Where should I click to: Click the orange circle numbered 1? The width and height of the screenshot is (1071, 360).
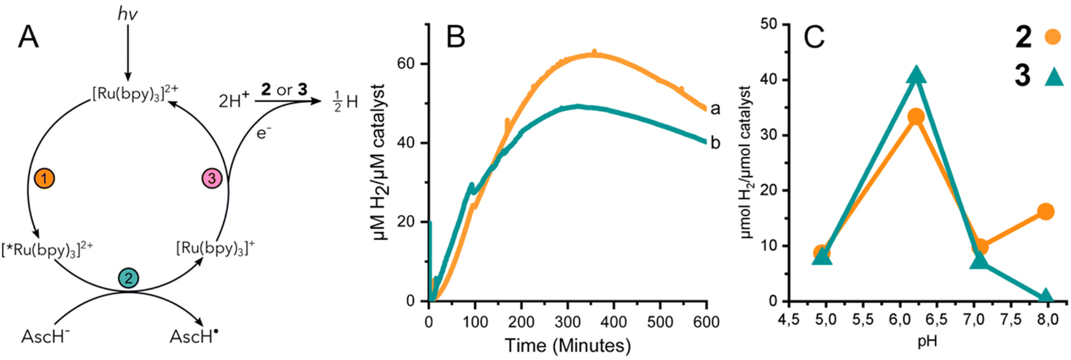pyautogui.click(x=45, y=179)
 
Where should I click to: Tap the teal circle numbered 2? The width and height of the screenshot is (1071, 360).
pyautogui.click(x=128, y=278)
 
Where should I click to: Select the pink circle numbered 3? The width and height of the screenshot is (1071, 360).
pyautogui.click(x=212, y=179)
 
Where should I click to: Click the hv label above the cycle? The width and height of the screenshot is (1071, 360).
pyautogui.click(x=128, y=14)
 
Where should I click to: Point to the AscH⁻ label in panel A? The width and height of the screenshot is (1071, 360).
pyautogui.click(x=45, y=337)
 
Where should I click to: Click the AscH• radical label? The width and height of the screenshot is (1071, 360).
pyautogui.click(x=194, y=337)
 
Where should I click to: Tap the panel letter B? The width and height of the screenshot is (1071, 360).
pyautogui.click(x=456, y=37)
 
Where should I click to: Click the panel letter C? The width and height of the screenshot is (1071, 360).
pyautogui.click(x=814, y=37)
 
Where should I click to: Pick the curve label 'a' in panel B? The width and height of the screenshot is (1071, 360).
pyautogui.click(x=715, y=109)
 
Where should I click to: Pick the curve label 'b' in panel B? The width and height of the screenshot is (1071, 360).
pyautogui.click(x=715, y=143)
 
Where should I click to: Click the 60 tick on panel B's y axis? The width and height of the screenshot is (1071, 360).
pyautogui.click(x=414, y=64)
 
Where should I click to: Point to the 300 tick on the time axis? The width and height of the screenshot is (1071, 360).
pyautogui.click(x=567, y=321)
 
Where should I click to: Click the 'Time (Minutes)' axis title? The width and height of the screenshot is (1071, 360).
pyautogui.click(x=567, y=345)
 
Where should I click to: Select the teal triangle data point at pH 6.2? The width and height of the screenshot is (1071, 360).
pyautogui.click(x=916, y=75)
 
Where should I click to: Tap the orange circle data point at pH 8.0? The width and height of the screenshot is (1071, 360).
pyautogui.click(x=1046, y=212)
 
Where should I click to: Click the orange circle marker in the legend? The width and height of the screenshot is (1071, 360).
pyautogui.click(x=1052, y=37)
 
